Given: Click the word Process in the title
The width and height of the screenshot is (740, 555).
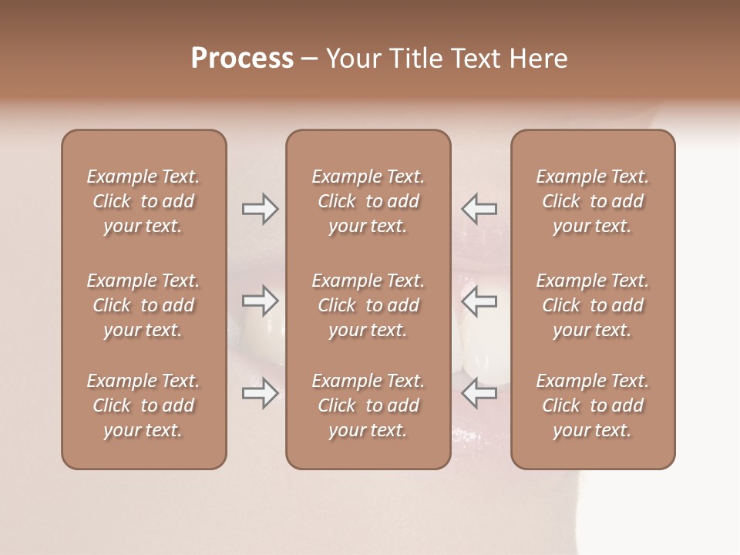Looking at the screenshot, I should pyautogui.click(x=242, y=59).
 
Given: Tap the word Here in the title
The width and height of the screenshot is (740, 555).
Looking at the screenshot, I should pyautogui.click(x=540, y=59).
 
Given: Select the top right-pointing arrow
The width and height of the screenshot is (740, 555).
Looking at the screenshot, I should pyautogui.click(x=260, y=209).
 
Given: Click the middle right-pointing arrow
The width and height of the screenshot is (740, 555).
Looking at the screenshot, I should pyautogui.click(x=260, y=301).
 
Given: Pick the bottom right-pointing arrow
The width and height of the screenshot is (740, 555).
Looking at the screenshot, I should pyautogui.click(x=260, y=393).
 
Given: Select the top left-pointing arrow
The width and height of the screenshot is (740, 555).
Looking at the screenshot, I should pyautogui.click(x=479, y=209).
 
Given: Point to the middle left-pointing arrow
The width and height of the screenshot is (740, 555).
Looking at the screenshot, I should pyautogui.click(x=479, y=301).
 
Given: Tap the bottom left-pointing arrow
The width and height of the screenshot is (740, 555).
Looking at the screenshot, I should pyautogui.click(x=479, y=393).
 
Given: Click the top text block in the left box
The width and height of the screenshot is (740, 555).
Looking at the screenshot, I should pyautogui.click(x=143, y=201).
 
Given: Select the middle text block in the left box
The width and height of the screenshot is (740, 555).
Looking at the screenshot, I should pyautogui.click(x=143, y=305).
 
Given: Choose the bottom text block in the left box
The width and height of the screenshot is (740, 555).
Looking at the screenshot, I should pyautogui.click(x=143, y=405).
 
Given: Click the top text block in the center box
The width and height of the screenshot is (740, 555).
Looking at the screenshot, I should pyautogui.click(x=368, y=201).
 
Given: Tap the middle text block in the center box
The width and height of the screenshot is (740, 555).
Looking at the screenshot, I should pyautogui.click(x=368, y=305).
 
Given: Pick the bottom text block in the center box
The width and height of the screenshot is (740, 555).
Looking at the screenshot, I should pyautogui.click(x=368, y=405).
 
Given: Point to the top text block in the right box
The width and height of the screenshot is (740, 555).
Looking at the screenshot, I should pyautogui.click(x=593, y=201).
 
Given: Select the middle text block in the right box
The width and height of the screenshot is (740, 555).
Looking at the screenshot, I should pyautogui.click(x=593, y=305).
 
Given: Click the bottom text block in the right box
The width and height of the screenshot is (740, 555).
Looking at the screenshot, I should pyautogui.click(x=593, y=405).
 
